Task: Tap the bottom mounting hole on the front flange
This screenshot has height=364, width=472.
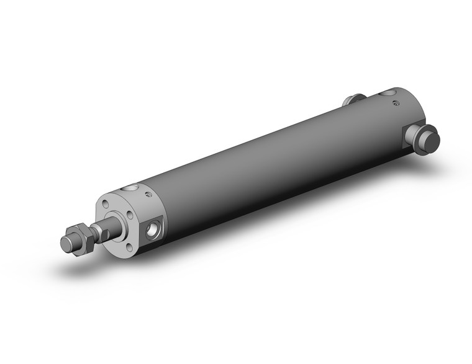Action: pos(124,246)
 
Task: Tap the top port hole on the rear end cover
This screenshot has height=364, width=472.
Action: pos(388,94)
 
